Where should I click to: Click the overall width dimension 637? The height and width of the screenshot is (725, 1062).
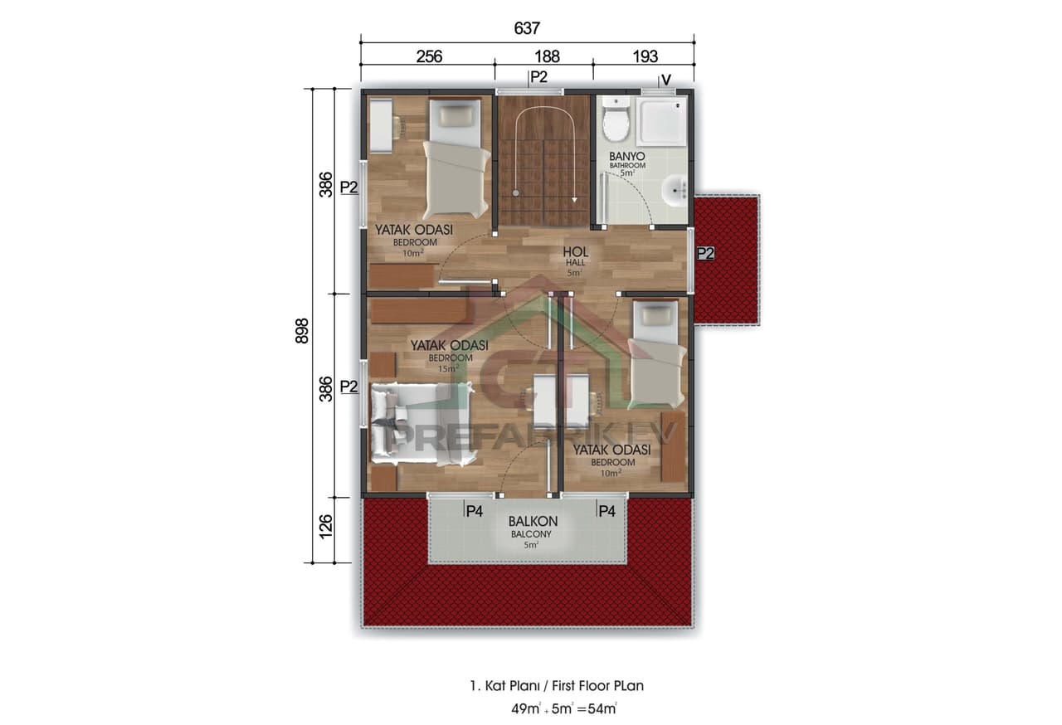[527, 28]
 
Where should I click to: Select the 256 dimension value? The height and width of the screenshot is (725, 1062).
[428, 56]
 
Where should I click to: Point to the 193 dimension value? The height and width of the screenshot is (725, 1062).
[645, 56]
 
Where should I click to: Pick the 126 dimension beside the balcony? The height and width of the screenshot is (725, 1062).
[325, 526]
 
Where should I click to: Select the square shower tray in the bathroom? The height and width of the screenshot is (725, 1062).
[662, 121]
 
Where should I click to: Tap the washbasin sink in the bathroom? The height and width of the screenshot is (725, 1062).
[675, 192]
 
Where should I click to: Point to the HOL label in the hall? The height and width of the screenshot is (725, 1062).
[575, 251]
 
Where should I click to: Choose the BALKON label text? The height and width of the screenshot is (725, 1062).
[533, 522]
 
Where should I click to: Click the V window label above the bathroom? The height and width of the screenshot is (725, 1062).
[665, 80]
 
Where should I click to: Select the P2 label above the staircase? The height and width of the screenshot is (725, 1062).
[538, 77]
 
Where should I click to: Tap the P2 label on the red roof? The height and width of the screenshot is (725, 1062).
[705, 253]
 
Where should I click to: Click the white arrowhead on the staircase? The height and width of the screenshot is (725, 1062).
[575, 199]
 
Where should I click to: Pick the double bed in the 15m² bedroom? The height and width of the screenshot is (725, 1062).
[423, 422]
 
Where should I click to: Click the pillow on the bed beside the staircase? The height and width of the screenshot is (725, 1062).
[455, 117]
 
